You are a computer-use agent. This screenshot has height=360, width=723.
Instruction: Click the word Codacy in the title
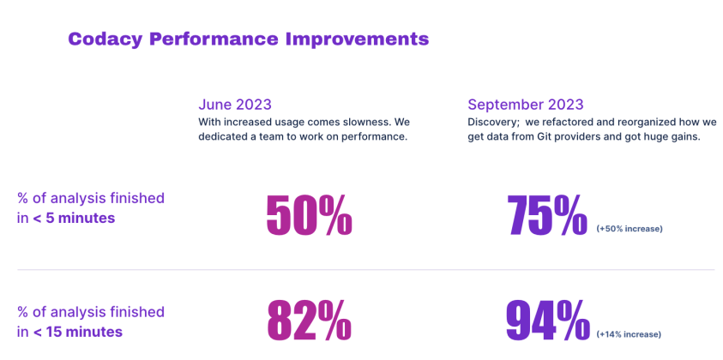[105, 39]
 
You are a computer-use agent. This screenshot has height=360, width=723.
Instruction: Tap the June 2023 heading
[235, 105]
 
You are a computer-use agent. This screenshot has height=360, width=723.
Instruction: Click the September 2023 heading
[526, 105]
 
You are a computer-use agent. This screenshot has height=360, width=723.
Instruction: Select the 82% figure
[309, 321]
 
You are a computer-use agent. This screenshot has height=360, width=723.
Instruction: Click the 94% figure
[546, 321]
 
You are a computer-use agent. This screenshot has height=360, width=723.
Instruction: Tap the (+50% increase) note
[630, 229]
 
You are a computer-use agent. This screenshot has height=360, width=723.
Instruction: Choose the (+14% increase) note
[629, 334]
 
